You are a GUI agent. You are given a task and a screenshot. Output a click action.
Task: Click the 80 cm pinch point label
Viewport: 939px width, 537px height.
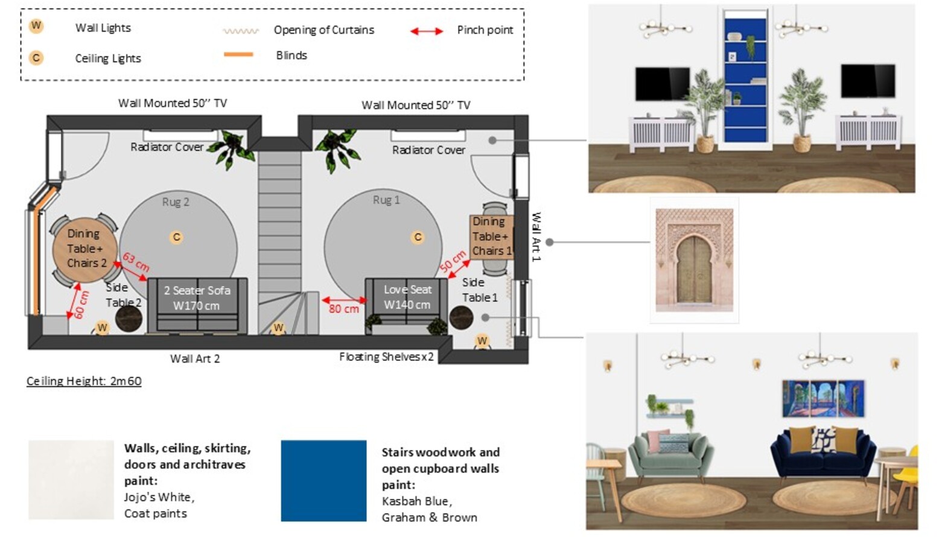click(x=343, y=309)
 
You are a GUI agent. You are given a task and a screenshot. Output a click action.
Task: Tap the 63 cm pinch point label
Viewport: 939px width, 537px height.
click(x=136, y=261)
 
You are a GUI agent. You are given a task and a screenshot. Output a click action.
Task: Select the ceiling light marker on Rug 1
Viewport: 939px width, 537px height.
click(x=418, y=237)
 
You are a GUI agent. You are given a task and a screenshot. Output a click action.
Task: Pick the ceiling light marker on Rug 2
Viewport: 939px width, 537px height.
click(x=176, y=237)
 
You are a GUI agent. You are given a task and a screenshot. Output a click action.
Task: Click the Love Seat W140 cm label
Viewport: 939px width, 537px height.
click(x=407, y=297)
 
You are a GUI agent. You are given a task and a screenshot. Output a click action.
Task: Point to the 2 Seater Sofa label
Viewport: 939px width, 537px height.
click(x=197, y=297)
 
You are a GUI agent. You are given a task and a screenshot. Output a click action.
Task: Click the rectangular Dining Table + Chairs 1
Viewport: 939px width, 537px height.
click(x=491, y=237)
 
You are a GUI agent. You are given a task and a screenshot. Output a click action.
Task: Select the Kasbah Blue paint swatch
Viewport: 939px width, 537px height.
click(x=323, y=480)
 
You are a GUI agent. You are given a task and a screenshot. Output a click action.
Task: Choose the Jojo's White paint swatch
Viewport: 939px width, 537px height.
click(x=71, y=480)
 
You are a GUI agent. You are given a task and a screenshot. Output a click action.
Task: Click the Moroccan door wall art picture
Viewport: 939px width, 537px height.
click(x=694, y=260)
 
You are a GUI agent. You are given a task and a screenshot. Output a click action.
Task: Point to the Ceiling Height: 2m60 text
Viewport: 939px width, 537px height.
click(x=84, y=381)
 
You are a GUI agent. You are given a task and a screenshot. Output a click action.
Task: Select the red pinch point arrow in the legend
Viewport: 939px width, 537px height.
click(x=427, y=31)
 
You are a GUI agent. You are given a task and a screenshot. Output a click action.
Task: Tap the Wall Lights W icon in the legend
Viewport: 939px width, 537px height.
click(x=36, y=26)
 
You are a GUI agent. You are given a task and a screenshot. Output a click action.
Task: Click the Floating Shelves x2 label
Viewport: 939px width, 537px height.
click(x=386, y=357)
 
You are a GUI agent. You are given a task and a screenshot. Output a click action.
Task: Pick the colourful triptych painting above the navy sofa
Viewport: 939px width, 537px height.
click(x=823, y=399)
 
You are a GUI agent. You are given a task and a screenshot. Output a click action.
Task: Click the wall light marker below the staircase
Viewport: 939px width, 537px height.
click(x=278, y=328)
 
